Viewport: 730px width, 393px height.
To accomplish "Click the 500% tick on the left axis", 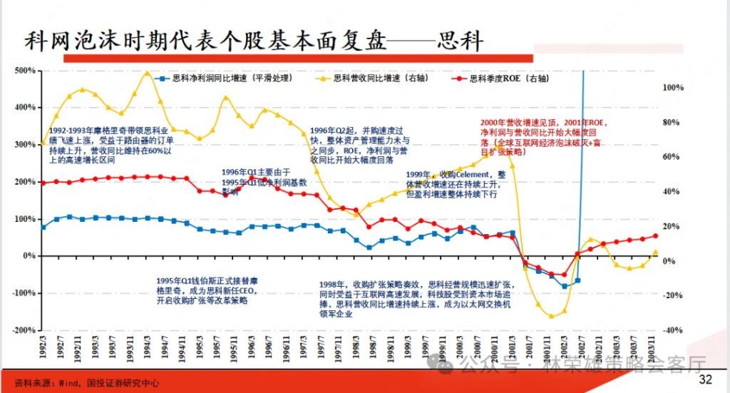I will click(x=27, y=71).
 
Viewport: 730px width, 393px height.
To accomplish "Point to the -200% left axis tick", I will click(x=26, y=330).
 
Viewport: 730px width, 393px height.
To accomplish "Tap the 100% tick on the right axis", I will click(x=674, y=88).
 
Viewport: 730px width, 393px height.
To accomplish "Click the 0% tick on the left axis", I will click(x=30, y=255).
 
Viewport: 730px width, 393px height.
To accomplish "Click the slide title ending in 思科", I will click(x=254, y=40).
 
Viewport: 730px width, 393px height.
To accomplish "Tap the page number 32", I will click(x=705, y=378).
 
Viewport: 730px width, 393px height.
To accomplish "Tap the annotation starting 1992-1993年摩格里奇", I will click(x=110, y=146).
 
